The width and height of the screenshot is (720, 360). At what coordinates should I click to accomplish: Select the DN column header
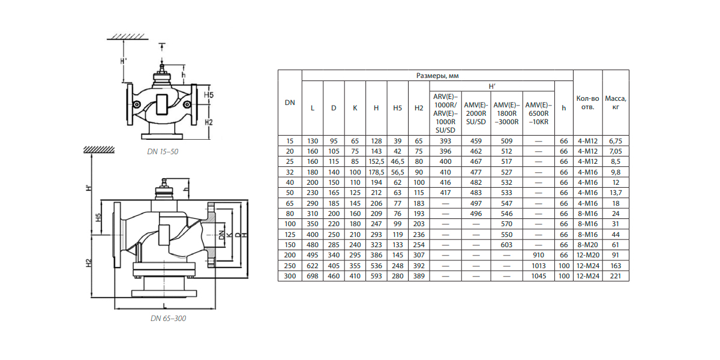[290, 103]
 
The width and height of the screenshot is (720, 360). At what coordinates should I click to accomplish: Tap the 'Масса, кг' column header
[616, 103]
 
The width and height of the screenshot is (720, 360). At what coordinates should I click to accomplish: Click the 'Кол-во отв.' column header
[588, 103]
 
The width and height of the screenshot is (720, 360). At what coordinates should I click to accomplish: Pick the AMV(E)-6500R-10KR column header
[538, 113]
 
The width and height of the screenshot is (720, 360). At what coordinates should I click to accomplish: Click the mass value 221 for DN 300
[616, 276]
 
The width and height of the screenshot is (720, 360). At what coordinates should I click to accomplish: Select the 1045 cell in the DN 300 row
[538, 276]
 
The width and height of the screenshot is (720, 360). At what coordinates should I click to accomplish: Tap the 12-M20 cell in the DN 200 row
[588, 254]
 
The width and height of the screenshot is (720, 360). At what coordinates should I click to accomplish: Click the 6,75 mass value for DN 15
[616, 141]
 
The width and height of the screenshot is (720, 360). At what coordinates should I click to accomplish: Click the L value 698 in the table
[312, 276]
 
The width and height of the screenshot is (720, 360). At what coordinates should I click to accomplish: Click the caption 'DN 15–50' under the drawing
[163, 152]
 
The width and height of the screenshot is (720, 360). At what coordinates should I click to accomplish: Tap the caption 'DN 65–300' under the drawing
[168, 319]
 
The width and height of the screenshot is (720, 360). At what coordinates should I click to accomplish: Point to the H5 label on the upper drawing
[209, 95]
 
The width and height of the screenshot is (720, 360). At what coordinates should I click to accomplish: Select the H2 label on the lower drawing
[88, 262]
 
